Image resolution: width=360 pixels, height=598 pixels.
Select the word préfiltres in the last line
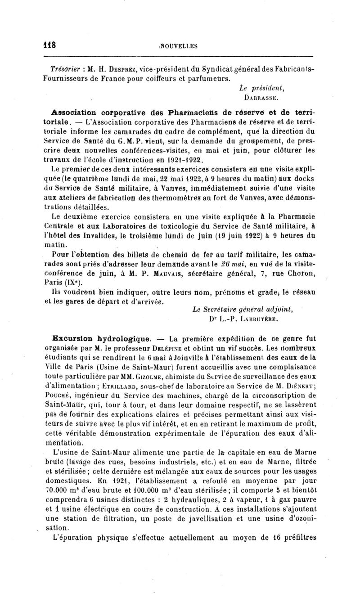pyautogui.click(x=300, y=537)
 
